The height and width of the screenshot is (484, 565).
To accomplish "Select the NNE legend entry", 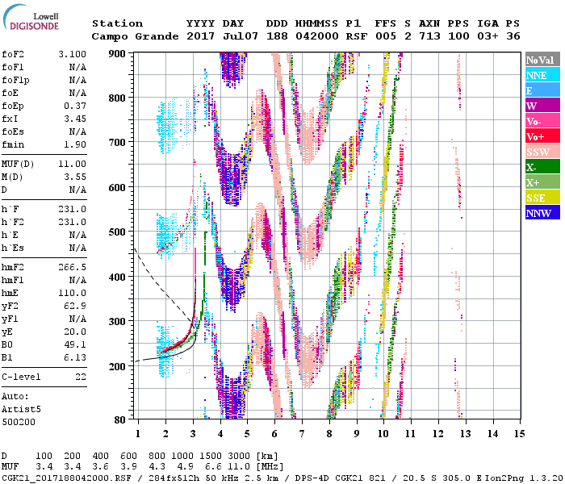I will [x=542, y=75].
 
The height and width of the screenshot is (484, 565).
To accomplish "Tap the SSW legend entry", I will [x=542, y=152].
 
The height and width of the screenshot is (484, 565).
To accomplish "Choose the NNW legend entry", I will [x=542, y=213].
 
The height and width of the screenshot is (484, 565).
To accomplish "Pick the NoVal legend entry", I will [x=542, y=60].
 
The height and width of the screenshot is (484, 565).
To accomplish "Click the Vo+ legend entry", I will [x=542, y=136].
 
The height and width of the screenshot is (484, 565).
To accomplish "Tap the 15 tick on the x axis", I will [x=517, y=434].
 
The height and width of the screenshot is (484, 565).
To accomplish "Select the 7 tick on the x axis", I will [x=302, y=434].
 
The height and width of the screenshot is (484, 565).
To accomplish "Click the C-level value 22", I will [x=80, y=377].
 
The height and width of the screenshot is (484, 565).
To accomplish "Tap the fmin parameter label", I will [x=14, y=144].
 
